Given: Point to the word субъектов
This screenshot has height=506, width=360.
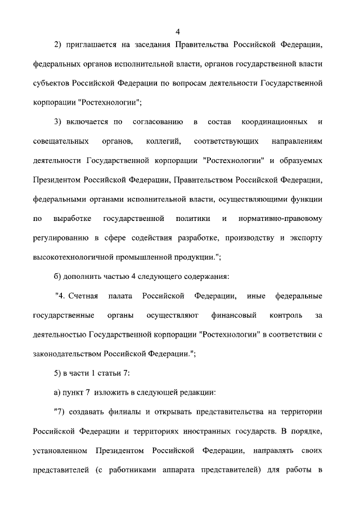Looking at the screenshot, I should tap(51, 83).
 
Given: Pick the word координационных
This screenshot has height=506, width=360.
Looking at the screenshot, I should tap(274, 121).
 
